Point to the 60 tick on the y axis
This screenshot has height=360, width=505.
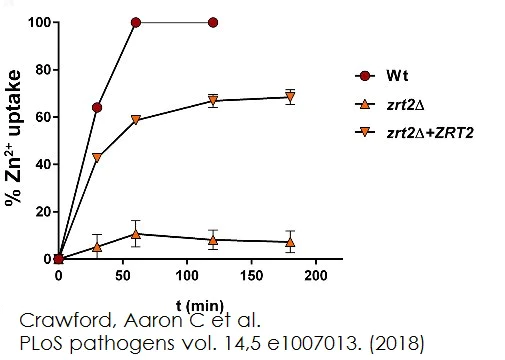coord(39,116)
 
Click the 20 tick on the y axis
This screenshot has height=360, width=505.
coord(39,211)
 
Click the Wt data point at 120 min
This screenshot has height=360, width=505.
coord(213,22)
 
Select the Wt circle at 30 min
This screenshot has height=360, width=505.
coord(97,107)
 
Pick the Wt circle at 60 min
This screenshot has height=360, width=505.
coord(136,22)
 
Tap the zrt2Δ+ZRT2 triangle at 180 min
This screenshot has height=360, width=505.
coord(290,98)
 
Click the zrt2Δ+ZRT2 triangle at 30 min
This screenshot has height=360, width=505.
coord(97,157)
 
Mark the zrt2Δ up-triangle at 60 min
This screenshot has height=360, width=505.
coord(136,233)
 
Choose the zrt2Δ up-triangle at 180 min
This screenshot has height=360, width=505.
coord(290,241)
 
